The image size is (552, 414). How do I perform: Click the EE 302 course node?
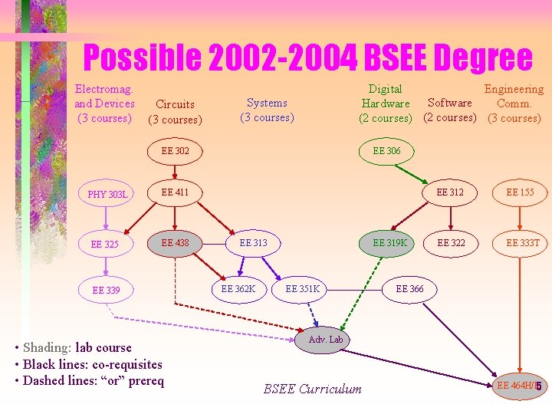(x=175, y=151)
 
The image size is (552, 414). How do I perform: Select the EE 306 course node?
(x=387, y=151)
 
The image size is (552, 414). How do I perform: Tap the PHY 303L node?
(x=107, y=194)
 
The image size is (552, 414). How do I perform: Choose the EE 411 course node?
(x=175, y=192)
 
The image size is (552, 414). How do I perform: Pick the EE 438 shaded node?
(x=175, y=243)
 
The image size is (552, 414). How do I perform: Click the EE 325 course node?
(x=105, y=245)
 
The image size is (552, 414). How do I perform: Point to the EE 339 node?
(x=106, y=291)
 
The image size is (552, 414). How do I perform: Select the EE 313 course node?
(x=253, y=243)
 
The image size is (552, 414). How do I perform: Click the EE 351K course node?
(x=302, y=289)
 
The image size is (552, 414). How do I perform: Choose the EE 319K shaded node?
(x=389, y=243)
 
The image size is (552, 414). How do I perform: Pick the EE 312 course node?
(x=450, y=192)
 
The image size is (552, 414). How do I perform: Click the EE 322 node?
(x=451, y=243)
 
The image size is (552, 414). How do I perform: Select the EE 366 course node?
(x=409, y=289)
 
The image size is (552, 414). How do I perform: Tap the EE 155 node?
(x=521, y=192)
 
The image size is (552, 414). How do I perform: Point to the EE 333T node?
(x=523, y=243)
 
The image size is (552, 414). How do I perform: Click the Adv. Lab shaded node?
(x=326, y=339)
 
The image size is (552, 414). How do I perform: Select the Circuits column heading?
(x=175, y=111)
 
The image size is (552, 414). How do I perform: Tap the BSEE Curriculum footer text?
(x=312, y=389)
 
